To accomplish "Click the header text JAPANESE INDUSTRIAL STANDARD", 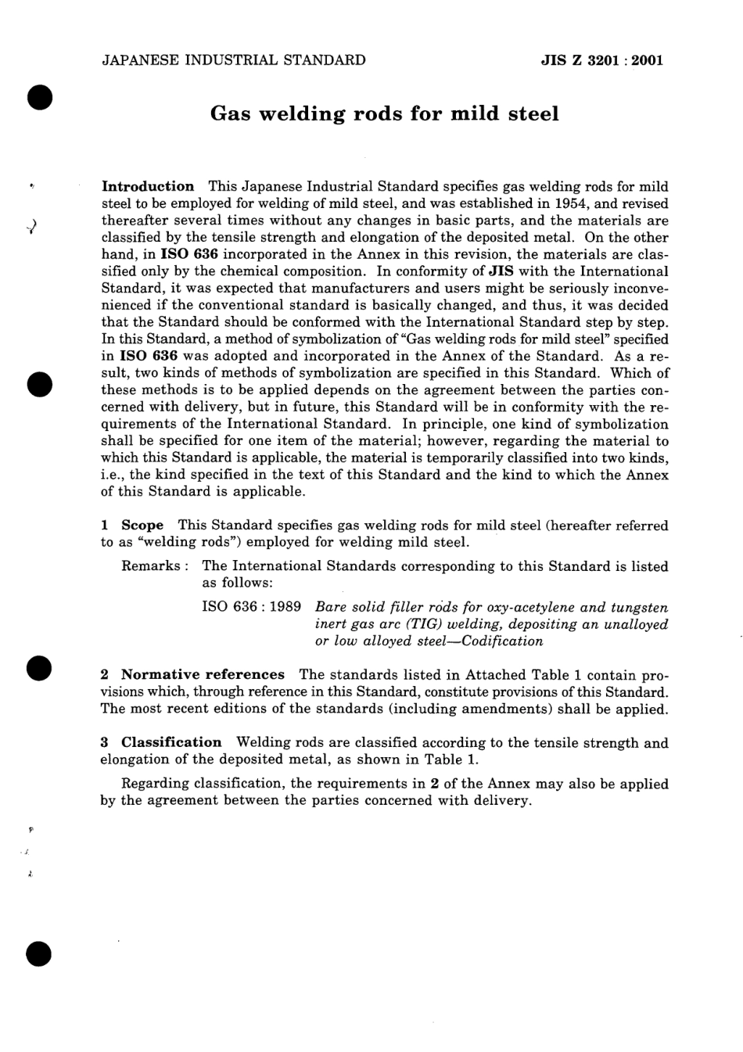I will point(233,60).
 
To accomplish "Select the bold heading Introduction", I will point(148,186).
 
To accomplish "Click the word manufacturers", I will point(340,289).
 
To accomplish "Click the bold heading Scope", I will point(142,525).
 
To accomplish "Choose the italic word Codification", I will point(504,641).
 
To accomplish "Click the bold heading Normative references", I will point(203,674).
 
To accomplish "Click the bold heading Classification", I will point(171,742).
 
